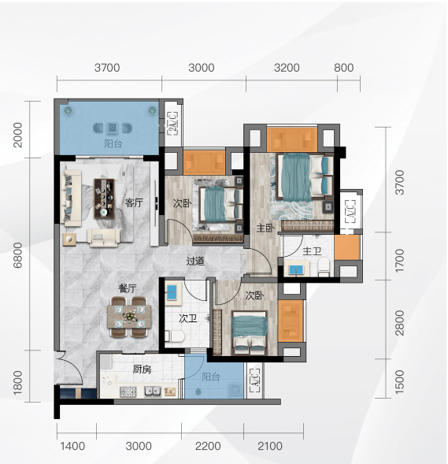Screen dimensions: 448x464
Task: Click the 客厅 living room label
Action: coord(134,202)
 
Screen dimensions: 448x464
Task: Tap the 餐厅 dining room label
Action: coord(128,288)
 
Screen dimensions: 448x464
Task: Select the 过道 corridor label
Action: coord(195,261)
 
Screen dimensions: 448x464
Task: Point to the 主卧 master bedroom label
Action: coord(265,228)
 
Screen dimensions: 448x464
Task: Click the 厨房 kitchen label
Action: coord(142,369)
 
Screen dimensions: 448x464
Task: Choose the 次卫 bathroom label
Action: coord(187,318)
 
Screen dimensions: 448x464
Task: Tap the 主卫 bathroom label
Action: coord(312,251)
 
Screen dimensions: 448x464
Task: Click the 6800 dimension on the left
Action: coord(18,255)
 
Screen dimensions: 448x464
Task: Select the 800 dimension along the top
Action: coord(343,68)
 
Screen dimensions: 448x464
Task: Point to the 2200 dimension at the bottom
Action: coord(208,446)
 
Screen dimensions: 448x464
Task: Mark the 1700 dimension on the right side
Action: coord(399,261)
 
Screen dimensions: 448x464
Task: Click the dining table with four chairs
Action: coord(129,317)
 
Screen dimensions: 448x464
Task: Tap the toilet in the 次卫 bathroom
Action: coord(175,336)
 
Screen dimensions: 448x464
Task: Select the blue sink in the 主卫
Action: coord(296,270)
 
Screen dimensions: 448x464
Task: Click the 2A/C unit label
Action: coord(173,124)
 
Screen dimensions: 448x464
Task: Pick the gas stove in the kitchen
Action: coord(128,392)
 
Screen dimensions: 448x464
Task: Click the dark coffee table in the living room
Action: coord(104,199)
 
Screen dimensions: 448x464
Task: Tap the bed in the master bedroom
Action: coord(305,176)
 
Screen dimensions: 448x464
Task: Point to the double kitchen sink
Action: coord(153,392)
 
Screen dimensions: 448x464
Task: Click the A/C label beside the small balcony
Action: coord(255,380)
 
